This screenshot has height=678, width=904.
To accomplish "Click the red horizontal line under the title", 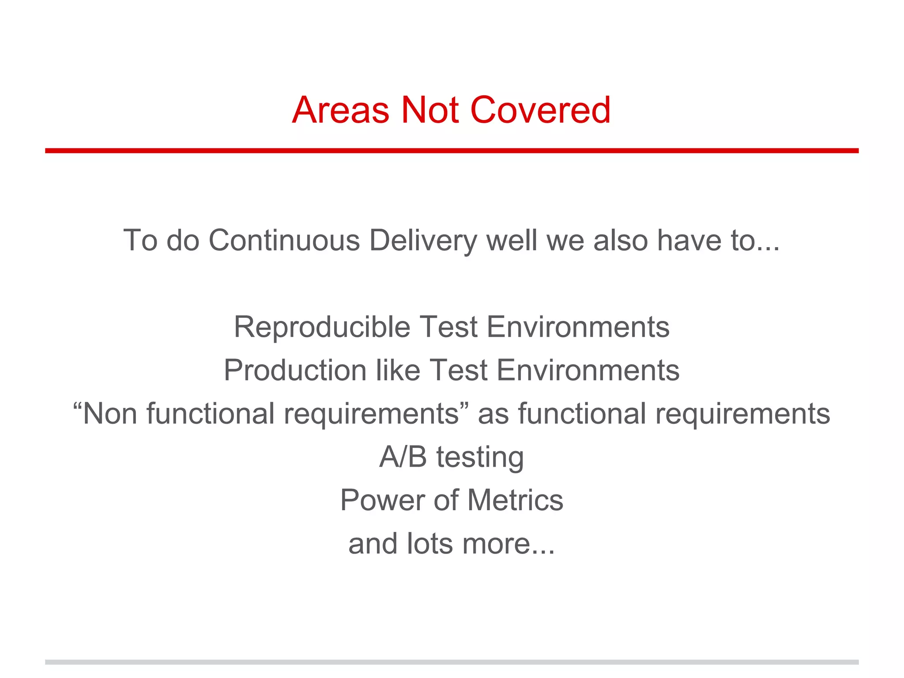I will pyautogui.click(x=452, y=151).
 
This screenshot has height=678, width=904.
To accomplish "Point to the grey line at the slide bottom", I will pyautogui.click(x=452, y=662).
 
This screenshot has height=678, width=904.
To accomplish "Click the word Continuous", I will pyautogui.click(x=284, y=241).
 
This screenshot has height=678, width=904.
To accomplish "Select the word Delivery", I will pyautogui.click(x=423, y=241).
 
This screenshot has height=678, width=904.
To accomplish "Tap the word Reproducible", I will pyautogui.click(x=322, y=327).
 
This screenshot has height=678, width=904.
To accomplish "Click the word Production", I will pyautogui.click(x=295, y=370).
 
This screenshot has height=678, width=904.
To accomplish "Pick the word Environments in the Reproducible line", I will pyautogui.click(x=578, y=327).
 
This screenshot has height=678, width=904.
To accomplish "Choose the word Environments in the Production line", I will pyautogui.click(x=588, y=370).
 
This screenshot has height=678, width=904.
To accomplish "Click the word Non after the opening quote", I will pyautogui.click(x=110, y=414).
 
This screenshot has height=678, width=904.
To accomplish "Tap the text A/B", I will pyautogui.click(x=403, y=457).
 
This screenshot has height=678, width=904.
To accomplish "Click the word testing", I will pyautogui.click(x=480, y=457).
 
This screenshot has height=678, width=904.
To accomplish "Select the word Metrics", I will pyautogui.click(x=515, y=500).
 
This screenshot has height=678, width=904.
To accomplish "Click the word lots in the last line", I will pyautogui.click(x=430, y=543).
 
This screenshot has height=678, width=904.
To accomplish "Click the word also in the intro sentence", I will pyautogui.click(x=620, y=241).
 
